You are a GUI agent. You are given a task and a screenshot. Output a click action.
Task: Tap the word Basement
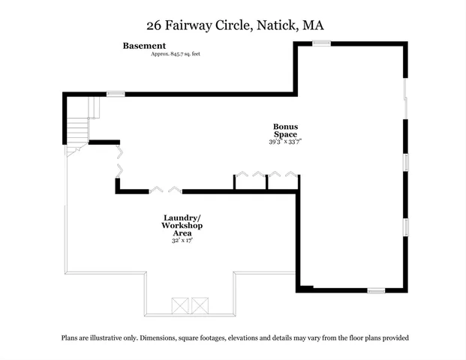pos(144,46)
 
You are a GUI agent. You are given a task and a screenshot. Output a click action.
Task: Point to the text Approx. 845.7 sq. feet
pos(176,54)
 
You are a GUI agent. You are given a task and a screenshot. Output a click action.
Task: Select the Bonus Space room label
pos(285,130)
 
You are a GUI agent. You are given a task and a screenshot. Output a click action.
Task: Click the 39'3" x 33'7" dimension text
pos(285,142)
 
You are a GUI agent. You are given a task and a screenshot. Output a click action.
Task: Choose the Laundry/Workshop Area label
pos(182,226)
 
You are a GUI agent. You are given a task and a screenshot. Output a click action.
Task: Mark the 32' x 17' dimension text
pos(182,241)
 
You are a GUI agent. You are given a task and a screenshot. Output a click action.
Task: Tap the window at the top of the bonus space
pos(321,43)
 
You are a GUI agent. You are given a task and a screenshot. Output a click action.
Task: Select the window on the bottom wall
pos(375,290)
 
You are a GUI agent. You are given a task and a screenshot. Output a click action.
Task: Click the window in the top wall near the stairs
pos(115,94)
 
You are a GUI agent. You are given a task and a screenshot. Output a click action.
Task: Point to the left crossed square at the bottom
pos(181,305)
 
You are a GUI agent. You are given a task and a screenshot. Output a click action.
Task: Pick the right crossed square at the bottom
pos(200,305)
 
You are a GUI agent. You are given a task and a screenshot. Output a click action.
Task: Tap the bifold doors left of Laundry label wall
pos(165,190)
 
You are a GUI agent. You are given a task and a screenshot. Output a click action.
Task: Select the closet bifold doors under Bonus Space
pos(267,177)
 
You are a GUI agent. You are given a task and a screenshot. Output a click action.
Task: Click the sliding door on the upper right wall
pos(406,97)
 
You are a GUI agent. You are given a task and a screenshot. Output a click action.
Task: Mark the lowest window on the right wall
pos(406,227)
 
